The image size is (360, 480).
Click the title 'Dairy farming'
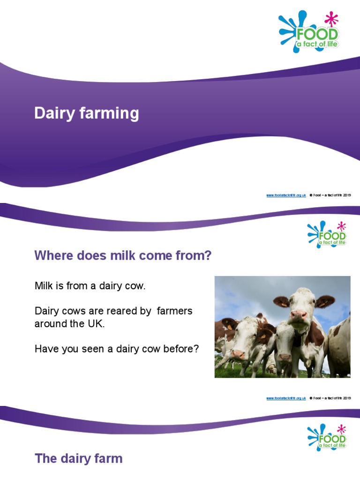point(86,113)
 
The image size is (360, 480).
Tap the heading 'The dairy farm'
point(78,458)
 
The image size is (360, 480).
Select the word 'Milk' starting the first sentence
point(44,286)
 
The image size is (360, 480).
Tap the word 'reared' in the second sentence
point(111,311)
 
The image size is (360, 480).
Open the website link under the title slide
point(286,195)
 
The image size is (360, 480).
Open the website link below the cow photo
point(286,398)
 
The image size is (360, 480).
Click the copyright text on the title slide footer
point(330,195)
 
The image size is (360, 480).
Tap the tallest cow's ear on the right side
point(325,301)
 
